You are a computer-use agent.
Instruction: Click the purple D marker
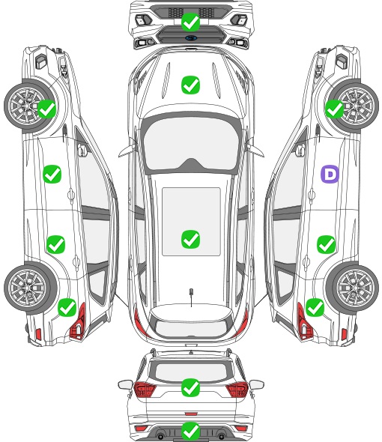[330, 174]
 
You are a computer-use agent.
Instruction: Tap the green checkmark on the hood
[190, 85]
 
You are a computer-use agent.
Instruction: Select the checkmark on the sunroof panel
[190, 239]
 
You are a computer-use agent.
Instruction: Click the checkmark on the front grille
[190, 22]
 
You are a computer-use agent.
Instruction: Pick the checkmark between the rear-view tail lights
[190, 387]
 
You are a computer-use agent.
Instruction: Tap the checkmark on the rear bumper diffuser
[190, 431]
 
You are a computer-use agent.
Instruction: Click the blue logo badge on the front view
[190, 38]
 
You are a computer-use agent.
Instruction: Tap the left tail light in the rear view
[145, 390]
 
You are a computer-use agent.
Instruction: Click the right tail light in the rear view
[237, 390]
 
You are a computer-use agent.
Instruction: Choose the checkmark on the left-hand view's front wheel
[46, 109]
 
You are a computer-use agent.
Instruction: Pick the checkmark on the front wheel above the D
[335, 109]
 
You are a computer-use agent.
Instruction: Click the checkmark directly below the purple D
[326, 244]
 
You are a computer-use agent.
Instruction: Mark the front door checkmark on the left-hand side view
[52, 174]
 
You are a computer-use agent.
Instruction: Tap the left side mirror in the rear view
[125, 384]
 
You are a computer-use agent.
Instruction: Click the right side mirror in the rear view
[257, 384]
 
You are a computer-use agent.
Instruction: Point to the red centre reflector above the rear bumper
[191, 414]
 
